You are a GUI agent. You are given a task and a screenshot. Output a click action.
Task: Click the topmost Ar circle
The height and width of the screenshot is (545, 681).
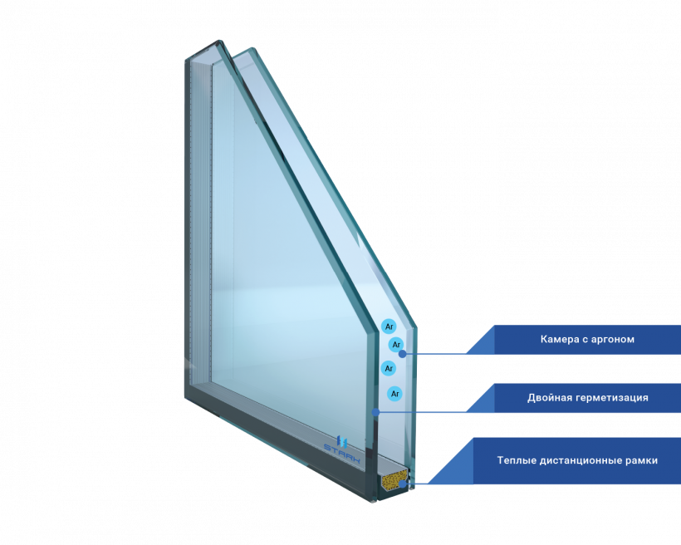click(389, 327)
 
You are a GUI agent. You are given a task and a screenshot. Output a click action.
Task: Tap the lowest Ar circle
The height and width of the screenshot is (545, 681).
click(395, 393)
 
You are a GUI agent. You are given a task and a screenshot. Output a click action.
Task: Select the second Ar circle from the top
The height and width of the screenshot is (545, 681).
click(396, 344)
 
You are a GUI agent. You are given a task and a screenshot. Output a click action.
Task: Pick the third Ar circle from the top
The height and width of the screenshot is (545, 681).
click(388, 367)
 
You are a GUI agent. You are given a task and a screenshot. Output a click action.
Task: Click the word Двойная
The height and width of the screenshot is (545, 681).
click(551, 398)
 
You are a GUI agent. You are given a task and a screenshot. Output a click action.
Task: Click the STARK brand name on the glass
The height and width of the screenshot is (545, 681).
click(342, 453)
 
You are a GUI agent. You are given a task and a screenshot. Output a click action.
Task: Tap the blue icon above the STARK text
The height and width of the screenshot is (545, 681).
click(340, 440)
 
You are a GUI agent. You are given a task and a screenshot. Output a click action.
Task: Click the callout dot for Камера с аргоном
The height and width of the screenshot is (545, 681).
click(403, 353)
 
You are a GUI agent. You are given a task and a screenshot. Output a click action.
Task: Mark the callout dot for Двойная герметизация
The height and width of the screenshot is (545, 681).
click(375, 411)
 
